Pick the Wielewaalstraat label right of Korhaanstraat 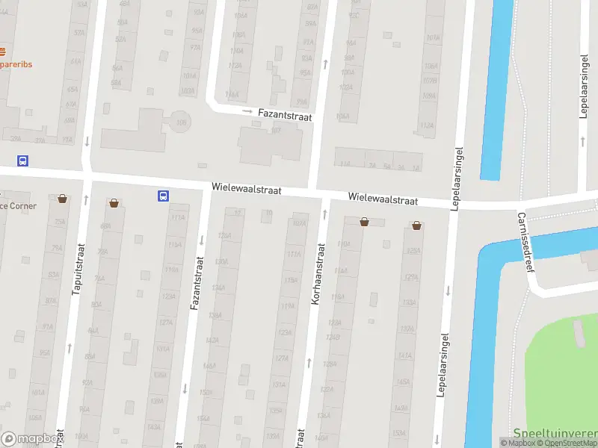click(x=382, y=198)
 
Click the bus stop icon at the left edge click(x=23, y=161)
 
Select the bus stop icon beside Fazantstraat click(x=163, y=196)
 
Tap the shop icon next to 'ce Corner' click(x=62, y=199)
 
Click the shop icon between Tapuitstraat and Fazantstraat click(x=114, y=202)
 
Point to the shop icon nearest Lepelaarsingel click(x=416, y=225)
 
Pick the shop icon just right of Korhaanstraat click(x=364, y=221)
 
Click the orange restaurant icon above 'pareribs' click(x=2, y=52)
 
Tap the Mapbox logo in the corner click(x=31, y=438)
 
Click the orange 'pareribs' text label click(x=16, y=64)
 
